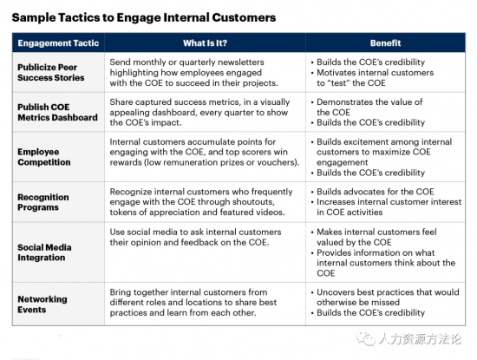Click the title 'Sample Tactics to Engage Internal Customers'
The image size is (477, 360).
pyautogui.click(x=144, y=17)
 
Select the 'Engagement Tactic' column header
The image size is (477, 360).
pyautogui.click(x=58, y=43)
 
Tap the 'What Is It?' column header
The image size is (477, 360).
pyautogui.click(x=205, y=43)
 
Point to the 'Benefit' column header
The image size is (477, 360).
pyautogui.click(x=385, y=43)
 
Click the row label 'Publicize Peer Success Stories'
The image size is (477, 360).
pyautogui.click(x=51, y=72)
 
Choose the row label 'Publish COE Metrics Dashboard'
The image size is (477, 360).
pyautogui.click(x=57, y=112)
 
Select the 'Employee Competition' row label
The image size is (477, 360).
pyautogui.click(x=44, y=157)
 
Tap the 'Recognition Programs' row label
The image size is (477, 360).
pyautogui.click(x=42, y=202)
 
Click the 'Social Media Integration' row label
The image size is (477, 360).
pyautogui.click(x=44, y=252)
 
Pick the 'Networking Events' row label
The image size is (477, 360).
pyautogui.click(x=42, y=304)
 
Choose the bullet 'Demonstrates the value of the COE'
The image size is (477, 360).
pyautogui.click(x=367, y=107)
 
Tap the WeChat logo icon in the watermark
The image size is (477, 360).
pyautogui.click(x=366, y=338)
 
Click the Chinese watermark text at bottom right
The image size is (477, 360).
pyautogui.click(x=420, y=339)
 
